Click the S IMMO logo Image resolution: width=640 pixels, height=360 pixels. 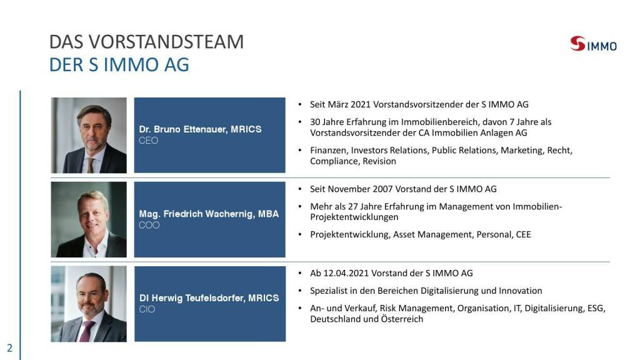(x=594, y=44)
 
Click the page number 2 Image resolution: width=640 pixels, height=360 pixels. (x=10, y=348)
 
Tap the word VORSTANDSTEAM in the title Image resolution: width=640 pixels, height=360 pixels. (x=166, y=42)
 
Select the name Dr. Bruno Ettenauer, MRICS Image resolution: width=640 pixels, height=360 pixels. (x=200, y=129)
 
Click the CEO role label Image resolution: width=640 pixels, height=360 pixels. (x=148, y=141)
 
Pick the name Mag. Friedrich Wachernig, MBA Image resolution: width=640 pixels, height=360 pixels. (x=209, y=214)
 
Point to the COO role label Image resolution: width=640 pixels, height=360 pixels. (x=149, y=225)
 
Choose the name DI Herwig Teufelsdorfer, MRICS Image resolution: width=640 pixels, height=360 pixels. (x=209, y=298)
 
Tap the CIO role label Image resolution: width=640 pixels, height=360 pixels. (x=147, y=309)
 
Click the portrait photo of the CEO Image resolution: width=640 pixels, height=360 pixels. (x=89, y=135)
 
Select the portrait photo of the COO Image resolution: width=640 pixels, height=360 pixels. (x=89, y=219)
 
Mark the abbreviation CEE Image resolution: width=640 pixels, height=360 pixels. (x=523, y=235)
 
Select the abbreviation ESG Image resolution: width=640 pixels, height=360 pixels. (x=596, y=308)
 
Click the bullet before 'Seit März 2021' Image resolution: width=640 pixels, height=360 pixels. (x=300, y=104)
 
